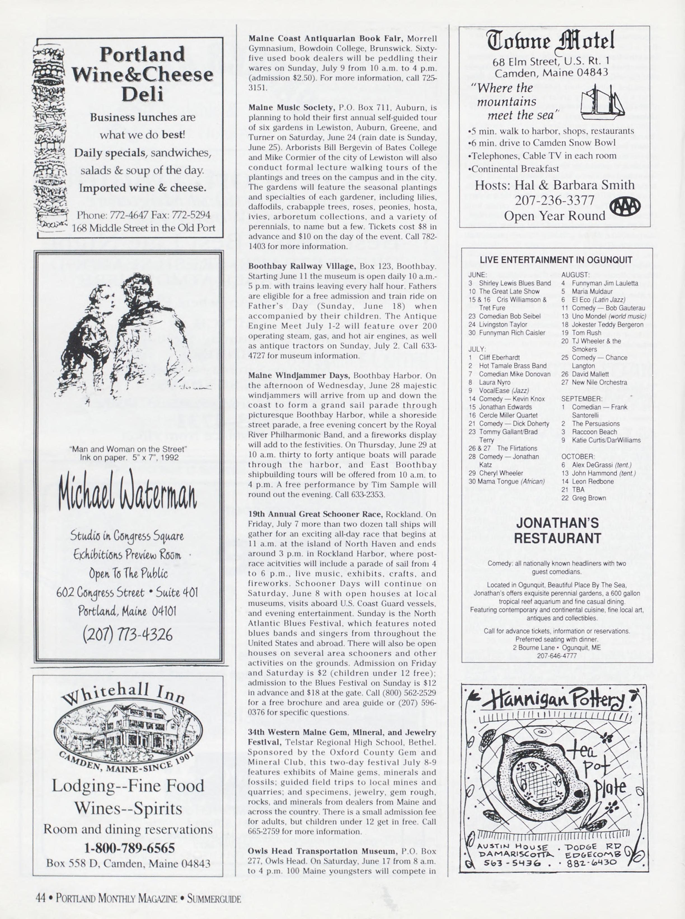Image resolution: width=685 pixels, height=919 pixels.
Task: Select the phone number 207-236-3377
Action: pos(554,200)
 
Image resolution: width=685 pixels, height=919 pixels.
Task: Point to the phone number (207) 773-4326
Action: pos(127,634)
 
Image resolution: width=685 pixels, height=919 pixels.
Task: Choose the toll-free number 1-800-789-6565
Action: pos(129,848)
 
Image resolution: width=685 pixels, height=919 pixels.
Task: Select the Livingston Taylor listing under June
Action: pos(503,324)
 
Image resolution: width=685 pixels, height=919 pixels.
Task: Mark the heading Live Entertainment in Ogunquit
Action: pos(556,260)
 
